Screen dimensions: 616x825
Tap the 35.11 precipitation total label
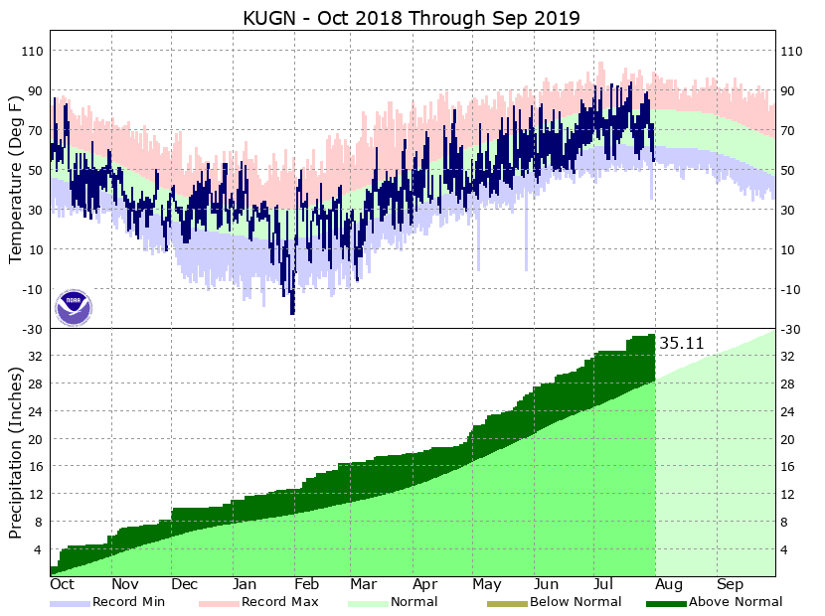pyautogui.click(x=682, y=344)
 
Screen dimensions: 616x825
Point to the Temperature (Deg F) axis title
pyautogui.click(x=15, y=179)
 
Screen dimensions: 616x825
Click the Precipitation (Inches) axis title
pyautogui.click(x=15, y=452)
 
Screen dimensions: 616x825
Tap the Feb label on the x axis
pyautogui.click(x=306, y=584)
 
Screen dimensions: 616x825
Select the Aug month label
pyautogui.click(x=668, y=584)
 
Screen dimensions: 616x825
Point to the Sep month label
pyautogui.click(x=731, y=584)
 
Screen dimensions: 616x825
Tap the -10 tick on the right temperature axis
pyautogui.click(x=793, y=289)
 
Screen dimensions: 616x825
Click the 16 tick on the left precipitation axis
pyautogui.click(x=35, y=466)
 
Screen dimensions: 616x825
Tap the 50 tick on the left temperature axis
pyautogui.click(x=35, y=170)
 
